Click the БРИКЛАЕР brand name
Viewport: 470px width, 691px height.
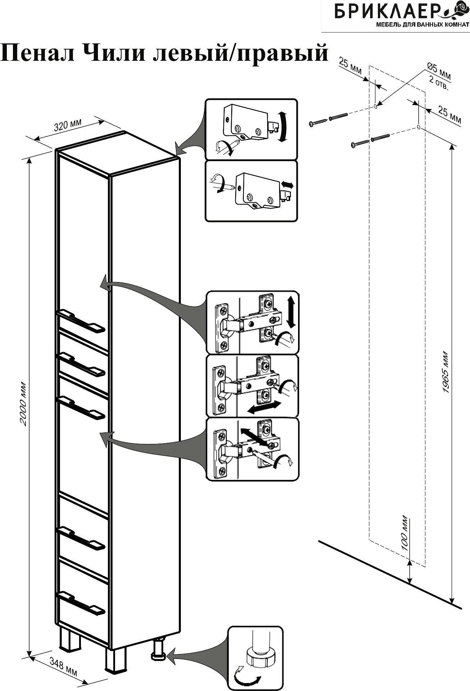click(x=392, y=13)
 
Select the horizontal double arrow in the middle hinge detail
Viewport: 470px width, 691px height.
click(x=265, y=407)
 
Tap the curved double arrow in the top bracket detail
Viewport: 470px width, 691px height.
click(x=284, y=128)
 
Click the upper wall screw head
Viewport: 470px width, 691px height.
click(x=311, y=124)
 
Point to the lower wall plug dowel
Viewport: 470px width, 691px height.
click(x=381, y=137)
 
